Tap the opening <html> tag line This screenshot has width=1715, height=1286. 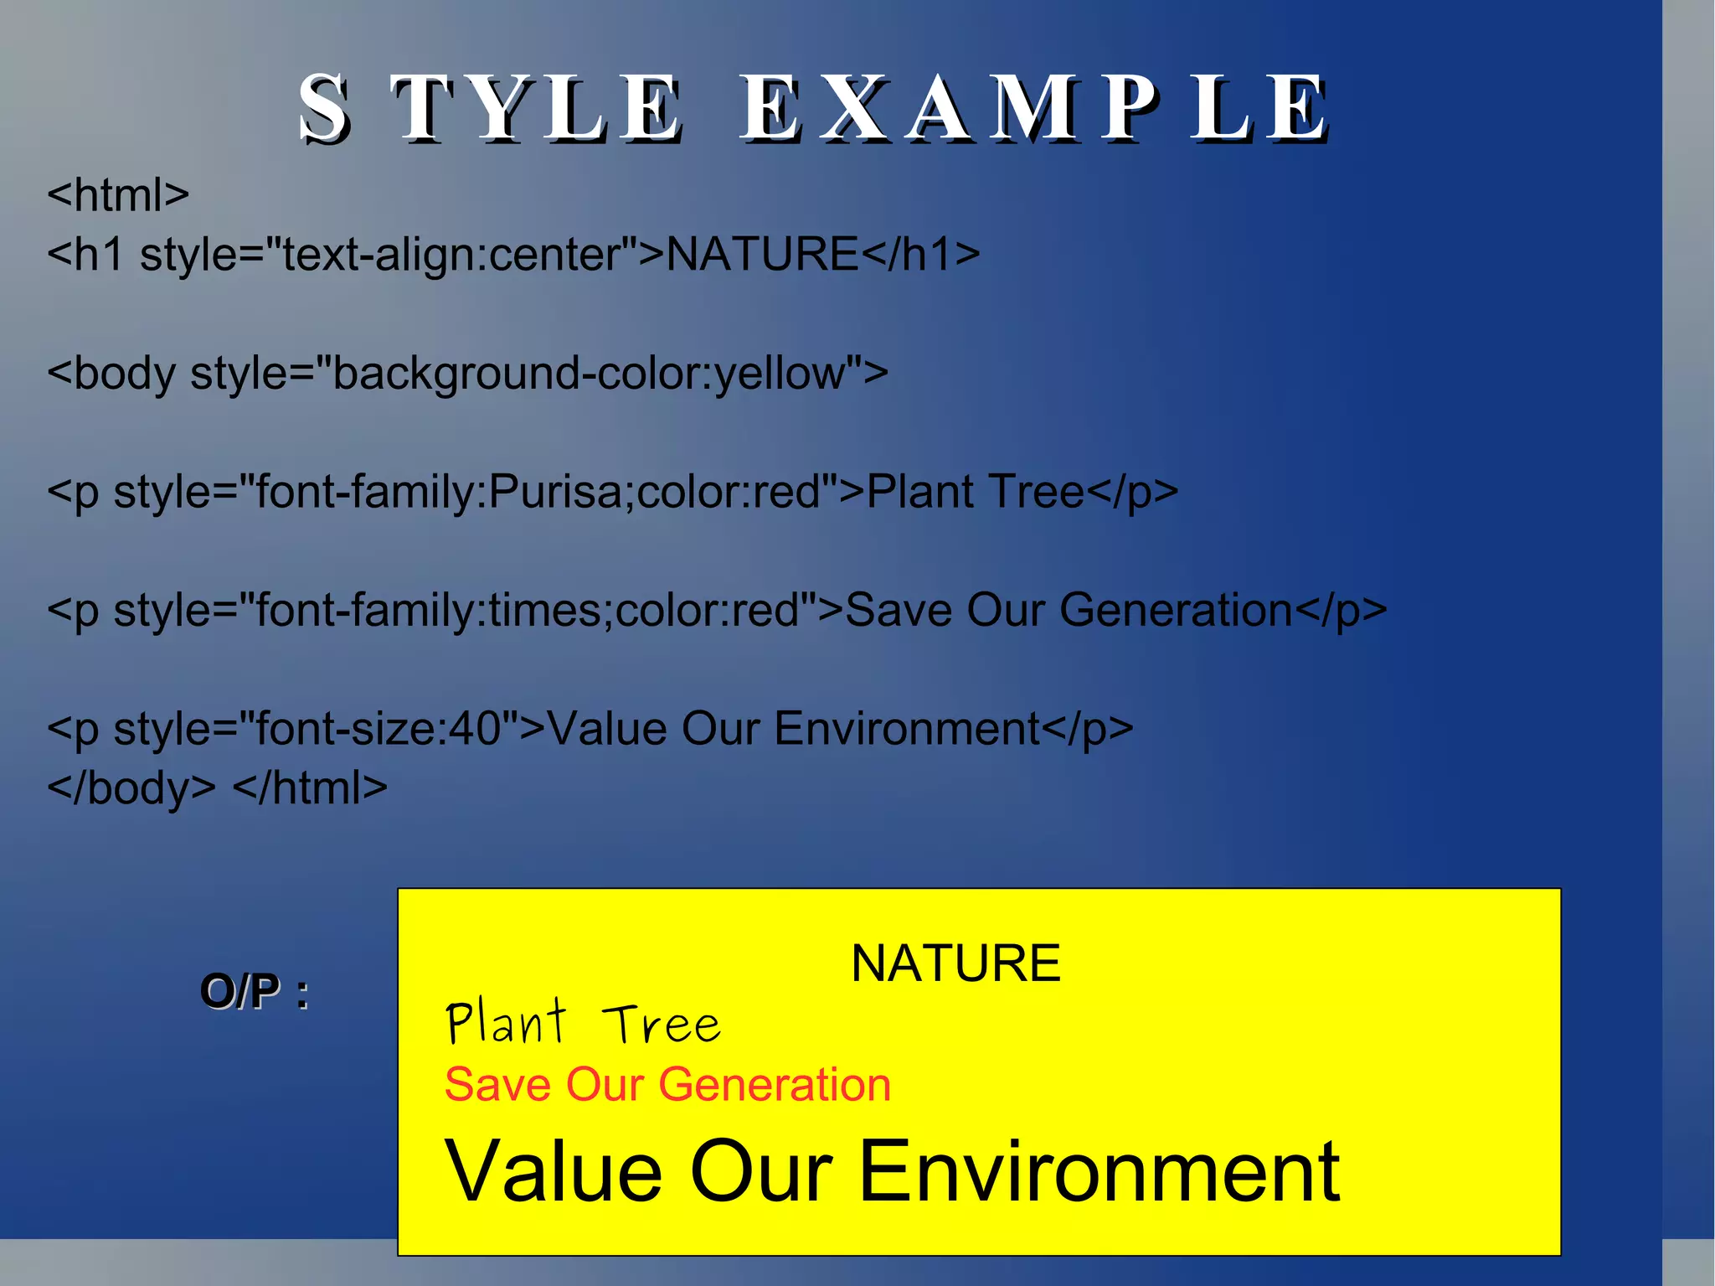click(118, 195)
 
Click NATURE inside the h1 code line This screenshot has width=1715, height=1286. click(762, 254)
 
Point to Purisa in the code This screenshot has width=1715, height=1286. click(556, 492)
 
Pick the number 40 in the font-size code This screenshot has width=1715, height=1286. click(474, 728)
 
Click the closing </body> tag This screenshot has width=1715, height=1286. click(131, 788)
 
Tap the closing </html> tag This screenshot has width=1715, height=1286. click(310, 788)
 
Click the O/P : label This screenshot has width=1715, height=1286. click(254, 992)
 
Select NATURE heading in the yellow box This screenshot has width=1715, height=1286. click(955, 963)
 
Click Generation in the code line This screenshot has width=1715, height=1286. click(1176, 610)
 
